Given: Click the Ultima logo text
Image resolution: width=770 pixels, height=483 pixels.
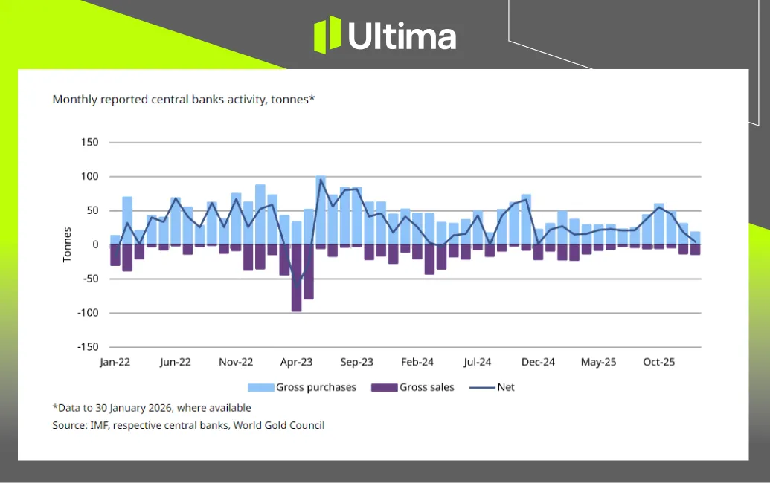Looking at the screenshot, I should pyautogui.click(x=402, y=36).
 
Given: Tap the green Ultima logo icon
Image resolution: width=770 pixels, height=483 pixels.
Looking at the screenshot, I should pyautogui.click(x=327, y=36).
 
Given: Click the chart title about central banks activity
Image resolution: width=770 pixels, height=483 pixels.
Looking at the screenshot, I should pyautogui.click(x=184, y=99).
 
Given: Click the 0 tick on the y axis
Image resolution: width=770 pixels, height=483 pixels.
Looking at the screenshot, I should pyautogui.click(x=94, y=244).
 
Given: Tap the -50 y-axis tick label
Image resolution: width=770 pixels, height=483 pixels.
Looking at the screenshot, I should pyautogui.click(x=89, y=279).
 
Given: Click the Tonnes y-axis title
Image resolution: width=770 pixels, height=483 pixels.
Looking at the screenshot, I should pyautogui.click(x=67, y=244).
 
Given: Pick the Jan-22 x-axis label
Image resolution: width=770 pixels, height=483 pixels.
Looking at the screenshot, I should pyautogui.click(x=115, y=363).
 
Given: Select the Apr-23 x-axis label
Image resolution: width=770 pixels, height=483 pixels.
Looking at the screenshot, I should pyautogui.click(x=296, y=363).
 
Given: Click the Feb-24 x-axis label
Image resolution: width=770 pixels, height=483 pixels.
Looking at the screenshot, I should pyautogui.click(x=417, y=363).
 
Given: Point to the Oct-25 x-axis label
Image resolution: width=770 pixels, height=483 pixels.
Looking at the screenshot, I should pyautogui.click(x=659, y=363).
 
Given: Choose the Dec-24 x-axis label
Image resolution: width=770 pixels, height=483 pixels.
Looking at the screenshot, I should pyautogui.click(x=538, y=363).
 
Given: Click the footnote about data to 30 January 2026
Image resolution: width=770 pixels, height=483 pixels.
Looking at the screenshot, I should pyautogui.click(x=152, y=408).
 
